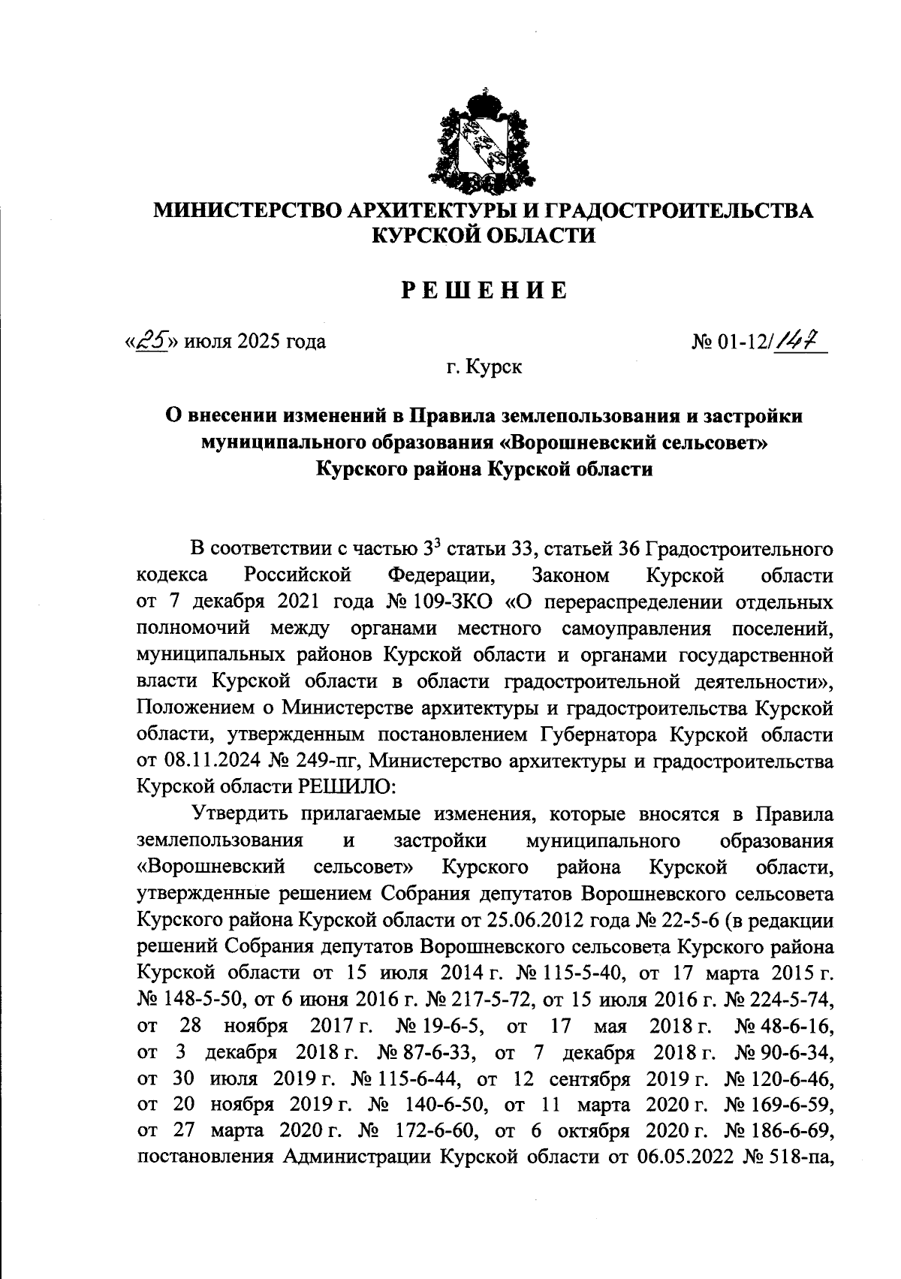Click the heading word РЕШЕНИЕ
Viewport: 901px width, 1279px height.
point(484,290)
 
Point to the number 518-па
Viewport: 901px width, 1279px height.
point(804,1157)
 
